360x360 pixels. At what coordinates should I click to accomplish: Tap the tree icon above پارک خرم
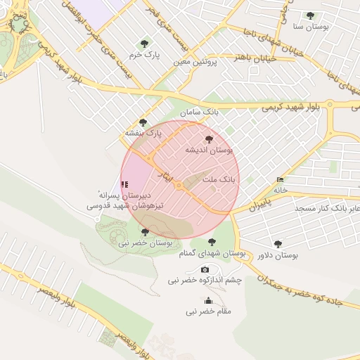(x=145, y=43)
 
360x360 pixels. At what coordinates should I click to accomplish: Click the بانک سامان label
(x=199, y=112)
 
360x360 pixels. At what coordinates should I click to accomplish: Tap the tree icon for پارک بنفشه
(x=143, y=122)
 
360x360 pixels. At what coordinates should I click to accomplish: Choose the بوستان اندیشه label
(x=209, y=150)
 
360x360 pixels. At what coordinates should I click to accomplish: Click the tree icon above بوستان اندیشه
(x=209, y=139)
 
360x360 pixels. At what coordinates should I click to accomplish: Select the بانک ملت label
(x=220, y=179)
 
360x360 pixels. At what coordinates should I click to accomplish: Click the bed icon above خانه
(x=281, y=179)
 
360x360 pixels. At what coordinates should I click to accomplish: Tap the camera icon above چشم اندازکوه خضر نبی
(x=205, y=269)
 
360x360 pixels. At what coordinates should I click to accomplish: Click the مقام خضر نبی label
(x=208, y=311)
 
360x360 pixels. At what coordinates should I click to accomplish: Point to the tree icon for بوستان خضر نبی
(x=145, y=231)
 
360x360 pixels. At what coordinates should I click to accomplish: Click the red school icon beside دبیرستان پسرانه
(x=124, y=184)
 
